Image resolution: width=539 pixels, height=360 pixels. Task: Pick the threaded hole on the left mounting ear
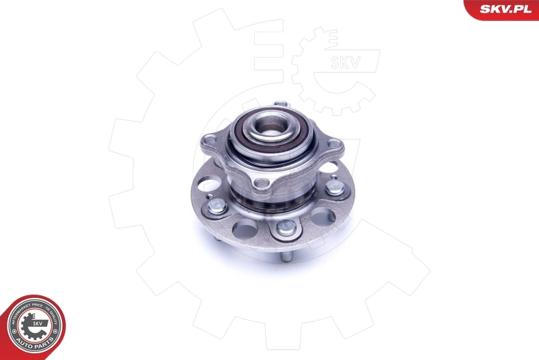click(210, 140)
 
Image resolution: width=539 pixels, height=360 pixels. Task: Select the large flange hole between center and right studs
click(322, 216)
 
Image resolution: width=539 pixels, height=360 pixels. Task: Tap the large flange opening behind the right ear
click(328, 167)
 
